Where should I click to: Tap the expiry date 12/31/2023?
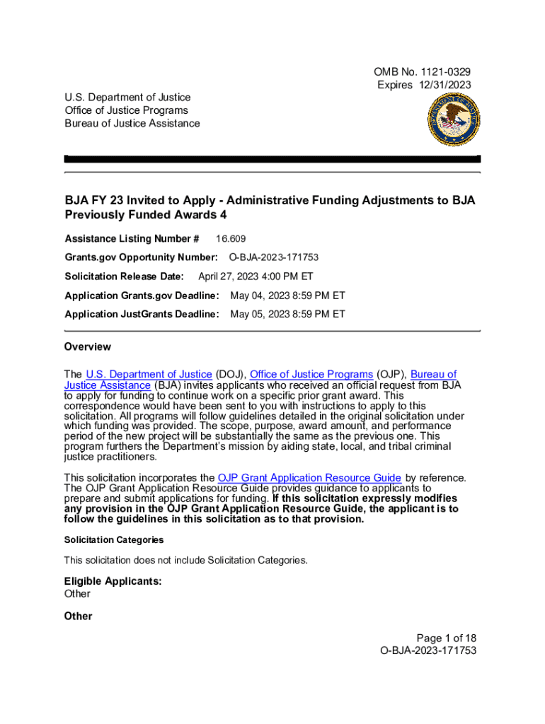[444, 85]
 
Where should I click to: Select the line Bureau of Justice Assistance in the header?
[132, 124]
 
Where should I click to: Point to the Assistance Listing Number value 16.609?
[231, 239]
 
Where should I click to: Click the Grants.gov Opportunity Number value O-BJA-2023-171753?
[278, 257]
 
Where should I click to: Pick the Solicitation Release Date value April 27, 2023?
[255, 276]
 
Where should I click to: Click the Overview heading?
[87, 347]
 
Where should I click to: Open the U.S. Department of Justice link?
[149, 374]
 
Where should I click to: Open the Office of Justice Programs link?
[311, 374]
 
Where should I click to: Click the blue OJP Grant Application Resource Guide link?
[309, 478]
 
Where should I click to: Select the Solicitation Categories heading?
[113, 540]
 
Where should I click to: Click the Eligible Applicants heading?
[113, 582]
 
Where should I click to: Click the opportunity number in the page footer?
[428, 650]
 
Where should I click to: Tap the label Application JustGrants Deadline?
[142, 314]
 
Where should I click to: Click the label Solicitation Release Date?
[124, 276]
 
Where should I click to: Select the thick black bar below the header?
[272, 159]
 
